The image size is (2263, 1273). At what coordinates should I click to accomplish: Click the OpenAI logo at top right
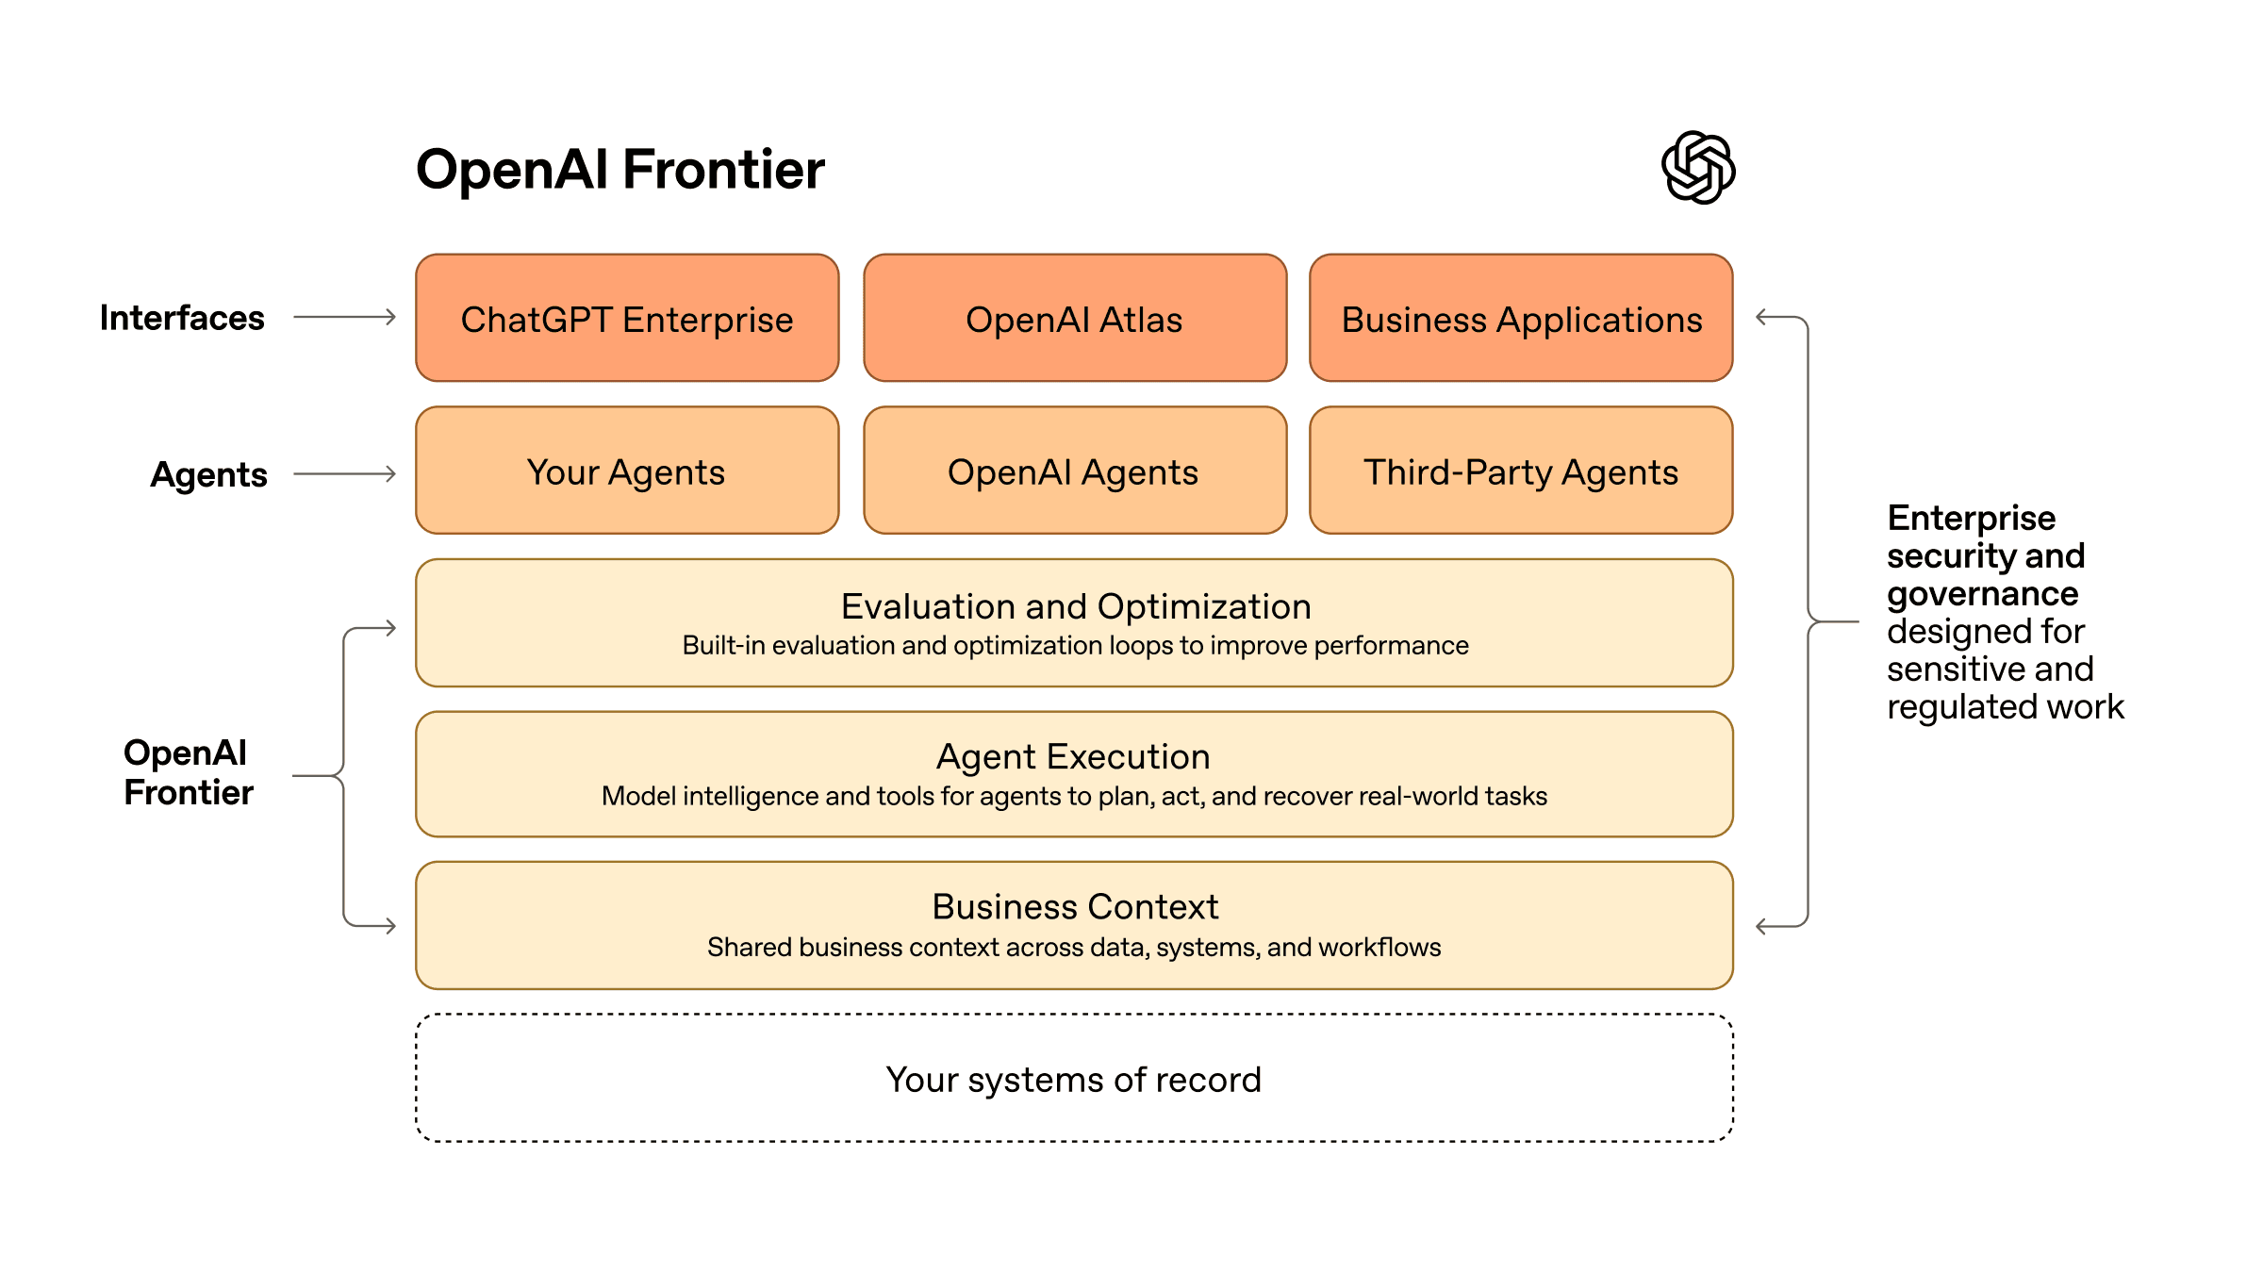(x=1697, y=168)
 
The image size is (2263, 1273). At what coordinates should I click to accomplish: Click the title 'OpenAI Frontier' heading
(x=619, y=170)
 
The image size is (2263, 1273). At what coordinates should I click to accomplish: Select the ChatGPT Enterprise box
(x=627, y=319)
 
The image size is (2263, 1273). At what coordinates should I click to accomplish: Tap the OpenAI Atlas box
(x=1074, y=319)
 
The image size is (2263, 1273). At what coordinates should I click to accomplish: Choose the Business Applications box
(x=1521, y=319)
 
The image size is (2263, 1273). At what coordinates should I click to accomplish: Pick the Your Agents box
(x=627, y=471)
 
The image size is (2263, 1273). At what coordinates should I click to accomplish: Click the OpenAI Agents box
(x=1074, y=471)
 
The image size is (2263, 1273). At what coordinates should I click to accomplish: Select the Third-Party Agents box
(x=1521, y=471)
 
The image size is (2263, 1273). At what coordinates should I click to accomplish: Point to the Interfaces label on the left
(x=182, y=318)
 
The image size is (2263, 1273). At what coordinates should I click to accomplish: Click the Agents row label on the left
(x=208, y=474)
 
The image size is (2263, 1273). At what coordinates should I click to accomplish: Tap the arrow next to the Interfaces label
(x=344, y=318)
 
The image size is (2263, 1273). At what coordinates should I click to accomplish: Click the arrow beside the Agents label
(x=344, y=474)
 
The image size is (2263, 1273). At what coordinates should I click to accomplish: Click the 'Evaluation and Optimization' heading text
(x=1075, y=606)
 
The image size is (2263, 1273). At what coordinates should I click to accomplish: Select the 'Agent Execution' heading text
(x=1073, y=756)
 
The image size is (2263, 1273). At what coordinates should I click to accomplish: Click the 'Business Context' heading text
(x=1075, y=906)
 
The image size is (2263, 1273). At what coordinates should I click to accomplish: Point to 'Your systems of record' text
(x=1073, y=1080)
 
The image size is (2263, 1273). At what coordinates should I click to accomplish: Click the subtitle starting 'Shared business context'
(x=1074, y=947)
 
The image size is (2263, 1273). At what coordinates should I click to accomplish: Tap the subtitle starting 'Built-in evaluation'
(x=1075, y=646)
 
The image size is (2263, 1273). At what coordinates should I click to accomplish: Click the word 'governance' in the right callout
(x=1982, y=594)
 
